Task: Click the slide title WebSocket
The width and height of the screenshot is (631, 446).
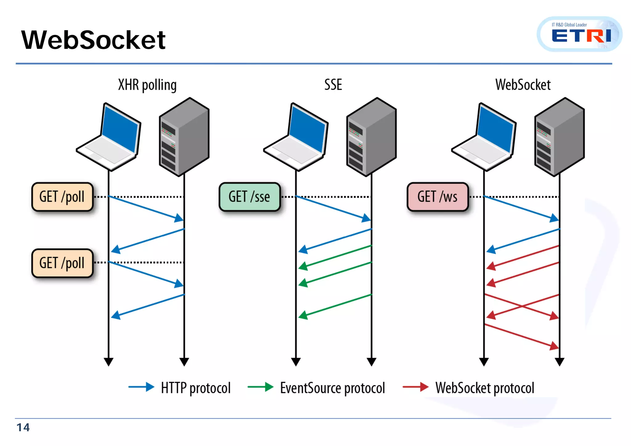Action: [93, 40]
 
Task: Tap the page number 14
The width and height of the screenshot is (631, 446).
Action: [23, 427]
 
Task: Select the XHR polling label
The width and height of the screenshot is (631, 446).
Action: [147, 85]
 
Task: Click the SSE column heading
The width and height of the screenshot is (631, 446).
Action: [333, 85]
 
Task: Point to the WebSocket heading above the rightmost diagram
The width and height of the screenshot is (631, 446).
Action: [523, 85]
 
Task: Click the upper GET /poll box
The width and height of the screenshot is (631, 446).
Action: [62, 197]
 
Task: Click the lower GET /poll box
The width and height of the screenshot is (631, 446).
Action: [62, 263]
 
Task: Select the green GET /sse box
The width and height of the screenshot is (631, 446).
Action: [250, 197]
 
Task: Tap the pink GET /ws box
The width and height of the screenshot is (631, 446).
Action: [438, 197]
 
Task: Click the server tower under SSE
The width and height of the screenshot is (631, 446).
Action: [371, 137]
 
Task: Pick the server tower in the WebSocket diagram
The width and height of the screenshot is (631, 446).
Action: [559, 137]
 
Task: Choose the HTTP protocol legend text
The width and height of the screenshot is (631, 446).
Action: [196, 388]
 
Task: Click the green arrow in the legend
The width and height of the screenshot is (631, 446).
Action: [260, 387]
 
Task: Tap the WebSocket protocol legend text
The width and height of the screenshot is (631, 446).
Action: [485, 388]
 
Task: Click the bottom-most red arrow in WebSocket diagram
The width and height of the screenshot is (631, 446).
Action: [521, 336]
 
